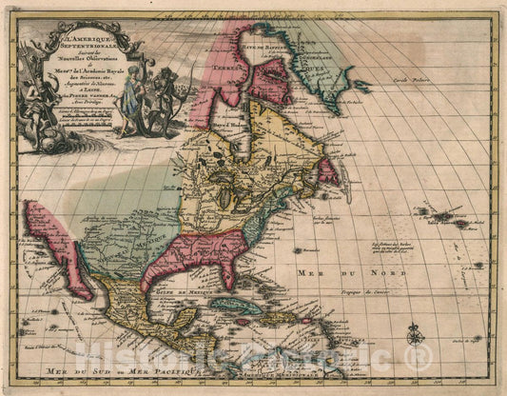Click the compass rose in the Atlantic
coord(415,334)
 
